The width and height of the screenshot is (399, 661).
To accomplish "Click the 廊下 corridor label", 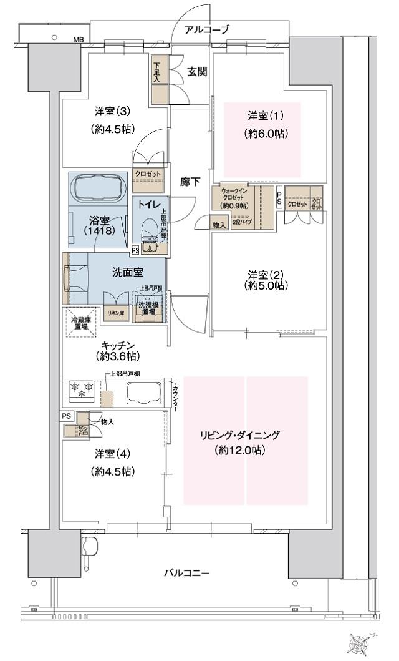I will pos(190,182).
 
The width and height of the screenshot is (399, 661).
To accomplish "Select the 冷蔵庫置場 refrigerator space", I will pos(80,323).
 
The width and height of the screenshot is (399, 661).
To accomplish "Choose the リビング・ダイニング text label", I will pos(240,435).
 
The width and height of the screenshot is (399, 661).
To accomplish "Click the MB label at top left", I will pos(79,39).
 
